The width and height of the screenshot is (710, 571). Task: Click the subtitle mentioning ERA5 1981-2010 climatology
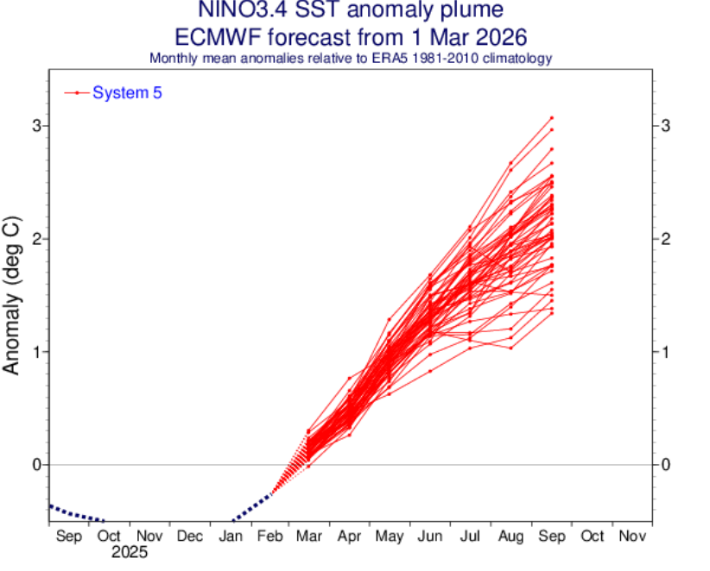351,58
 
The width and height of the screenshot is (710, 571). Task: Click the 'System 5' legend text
127,92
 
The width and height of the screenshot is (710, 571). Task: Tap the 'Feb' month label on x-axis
269,536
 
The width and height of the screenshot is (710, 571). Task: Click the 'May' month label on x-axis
390,536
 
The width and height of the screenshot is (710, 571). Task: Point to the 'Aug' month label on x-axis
510,536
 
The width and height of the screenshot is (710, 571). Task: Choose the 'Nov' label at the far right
631,536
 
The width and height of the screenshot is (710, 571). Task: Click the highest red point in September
551,117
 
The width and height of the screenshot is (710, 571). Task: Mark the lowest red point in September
551,313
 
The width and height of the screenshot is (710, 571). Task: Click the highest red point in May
390,319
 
